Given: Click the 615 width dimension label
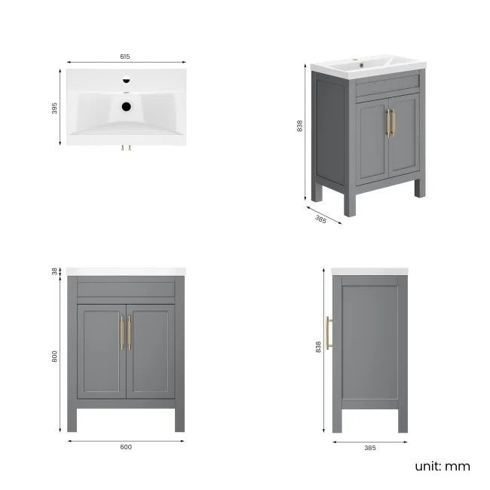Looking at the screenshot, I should point(125,57).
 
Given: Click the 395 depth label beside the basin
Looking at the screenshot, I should point(54,109).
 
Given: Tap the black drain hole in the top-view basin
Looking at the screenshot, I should point(126,106).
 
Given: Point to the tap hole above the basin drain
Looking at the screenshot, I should point(126,80).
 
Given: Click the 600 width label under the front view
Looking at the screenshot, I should point(126,447).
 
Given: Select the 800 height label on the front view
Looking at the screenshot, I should point(54,357).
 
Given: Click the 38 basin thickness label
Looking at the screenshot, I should point(54,271).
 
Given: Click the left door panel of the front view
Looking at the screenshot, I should point(101,351).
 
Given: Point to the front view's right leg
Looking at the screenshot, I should point(179,418).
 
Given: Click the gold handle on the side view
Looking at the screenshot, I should point(328,333).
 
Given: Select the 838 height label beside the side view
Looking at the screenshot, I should point(319,345).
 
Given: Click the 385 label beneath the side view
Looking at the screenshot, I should point(369,447).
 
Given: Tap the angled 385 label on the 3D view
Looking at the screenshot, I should point(320,219).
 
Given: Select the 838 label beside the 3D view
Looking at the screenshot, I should point(300,127).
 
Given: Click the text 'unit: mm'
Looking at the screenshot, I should point(442,466).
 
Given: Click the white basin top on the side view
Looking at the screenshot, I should point(369,271).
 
